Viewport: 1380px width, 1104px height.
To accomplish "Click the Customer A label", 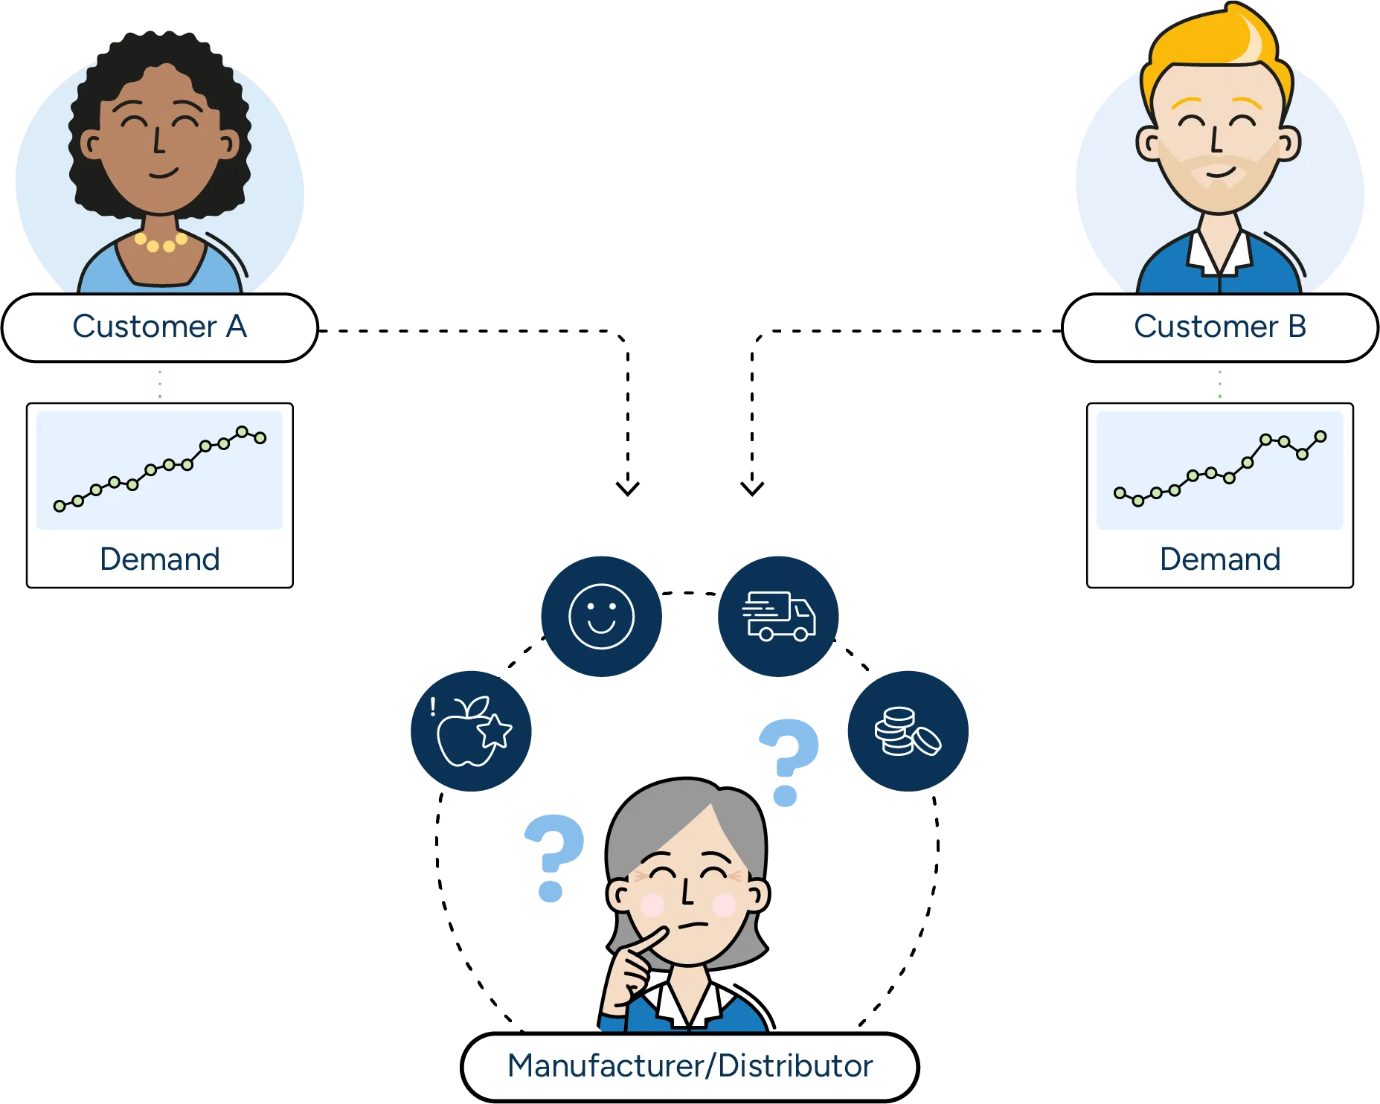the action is pyautogui.click(x=160, y=327).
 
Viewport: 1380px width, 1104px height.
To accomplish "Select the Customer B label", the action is pyautogui.click(x=1220, y=327).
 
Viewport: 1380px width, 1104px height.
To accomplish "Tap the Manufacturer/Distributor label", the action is pyautogui.click(x=690, y=1066).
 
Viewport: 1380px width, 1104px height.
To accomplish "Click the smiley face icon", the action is pyautogui.click(x=601, y=616).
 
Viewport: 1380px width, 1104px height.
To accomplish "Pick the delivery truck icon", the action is pyautogui.click(x=778, y=616).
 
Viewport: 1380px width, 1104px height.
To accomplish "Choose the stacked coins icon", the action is pyautogui.click(x=908, y=731).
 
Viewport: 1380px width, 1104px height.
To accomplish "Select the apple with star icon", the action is pyautogui.click(x=471, y=731).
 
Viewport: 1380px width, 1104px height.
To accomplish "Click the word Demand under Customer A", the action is pyautogui.click(x=160, y=559).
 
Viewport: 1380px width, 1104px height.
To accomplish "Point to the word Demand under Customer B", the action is pyautogui.click(x=1220, y=559).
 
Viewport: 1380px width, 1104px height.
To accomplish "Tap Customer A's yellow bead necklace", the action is pyautogui.click(x=161, y=243).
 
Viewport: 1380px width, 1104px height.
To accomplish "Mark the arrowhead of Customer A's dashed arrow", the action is pyautogui.click(x=628, y=488).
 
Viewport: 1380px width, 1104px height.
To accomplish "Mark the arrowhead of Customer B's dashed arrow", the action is pyautogui.click(x=752, y=488).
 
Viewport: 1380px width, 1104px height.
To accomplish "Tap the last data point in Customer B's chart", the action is pyautogui.click(x=1320, y=436).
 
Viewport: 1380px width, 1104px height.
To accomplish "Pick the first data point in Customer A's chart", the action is pyautogui.click(x=60, y=506).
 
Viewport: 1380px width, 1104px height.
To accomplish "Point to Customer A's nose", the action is pyautogui.click(x=158, y=141).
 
